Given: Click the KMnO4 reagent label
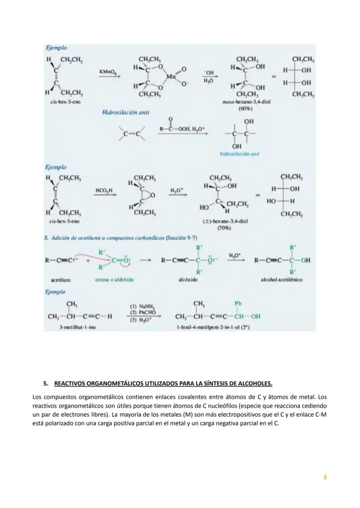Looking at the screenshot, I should pos(107,71).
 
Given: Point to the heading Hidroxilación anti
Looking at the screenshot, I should pos(125,113).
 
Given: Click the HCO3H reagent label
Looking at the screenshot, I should pos(104,190).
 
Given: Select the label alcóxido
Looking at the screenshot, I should pos(186,280).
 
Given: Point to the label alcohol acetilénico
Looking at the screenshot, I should pos(282,280).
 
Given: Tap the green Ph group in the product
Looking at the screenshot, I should pos(238,303).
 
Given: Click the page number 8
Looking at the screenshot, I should pos(325,477).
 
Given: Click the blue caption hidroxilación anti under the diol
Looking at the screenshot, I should pos(240,154).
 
